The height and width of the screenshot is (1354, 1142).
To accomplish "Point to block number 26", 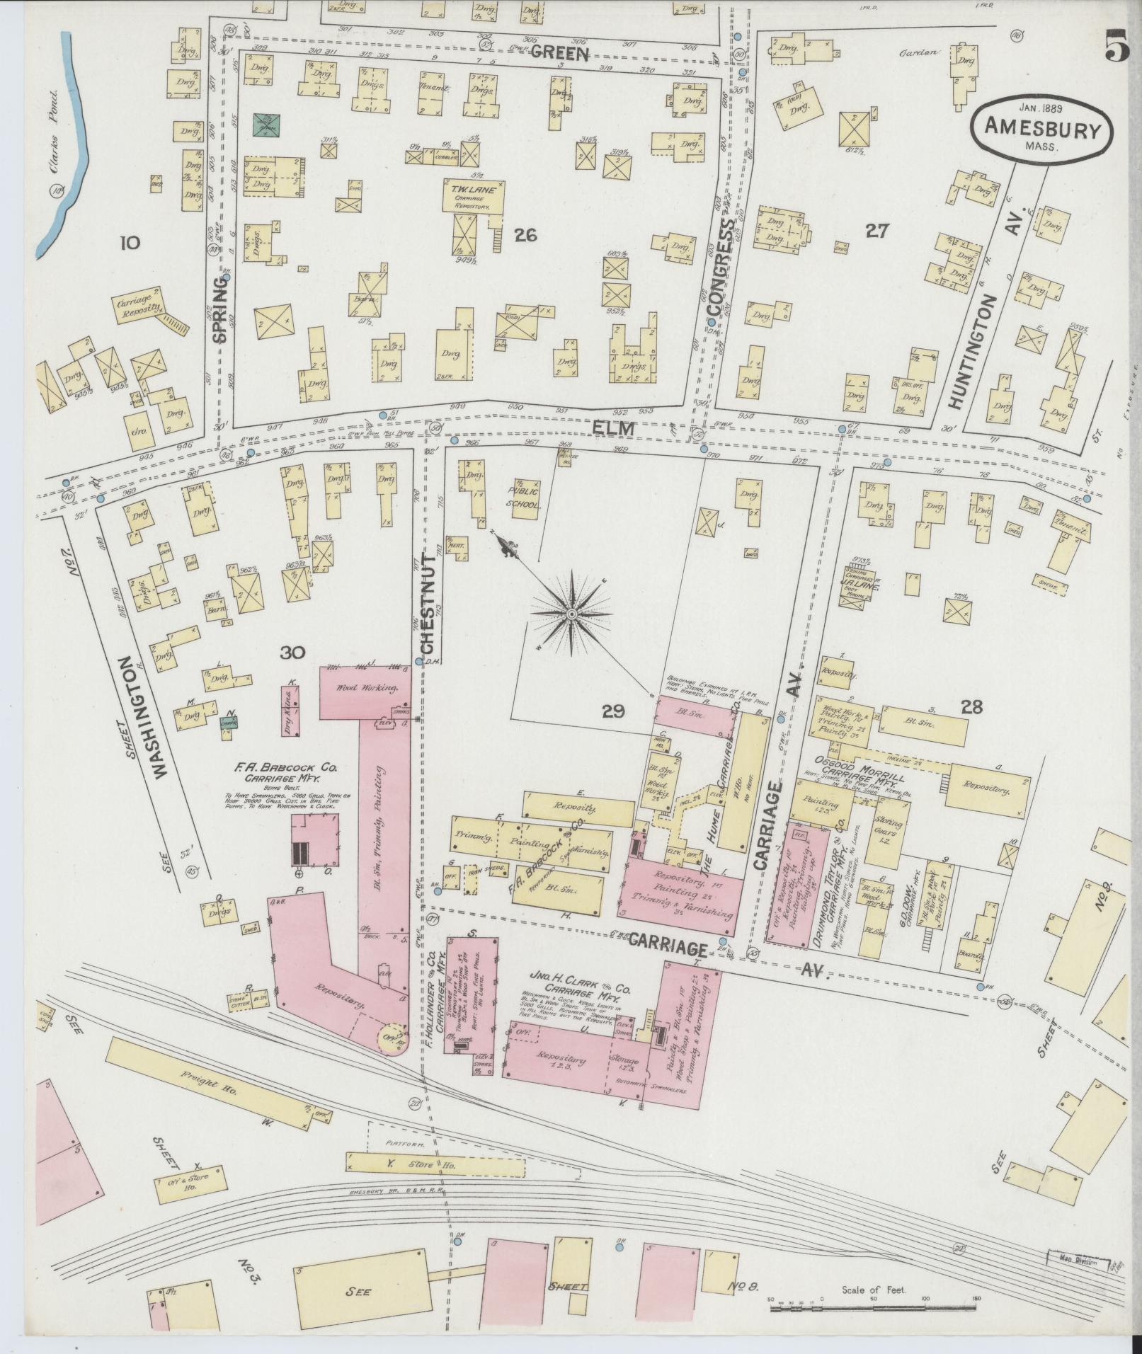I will coord(525,236).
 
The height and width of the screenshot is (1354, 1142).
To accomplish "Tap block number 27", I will coord(877,231).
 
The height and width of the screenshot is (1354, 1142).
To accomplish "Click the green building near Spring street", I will coord(268,125).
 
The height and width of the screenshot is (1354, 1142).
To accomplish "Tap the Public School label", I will coord(523,498).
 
